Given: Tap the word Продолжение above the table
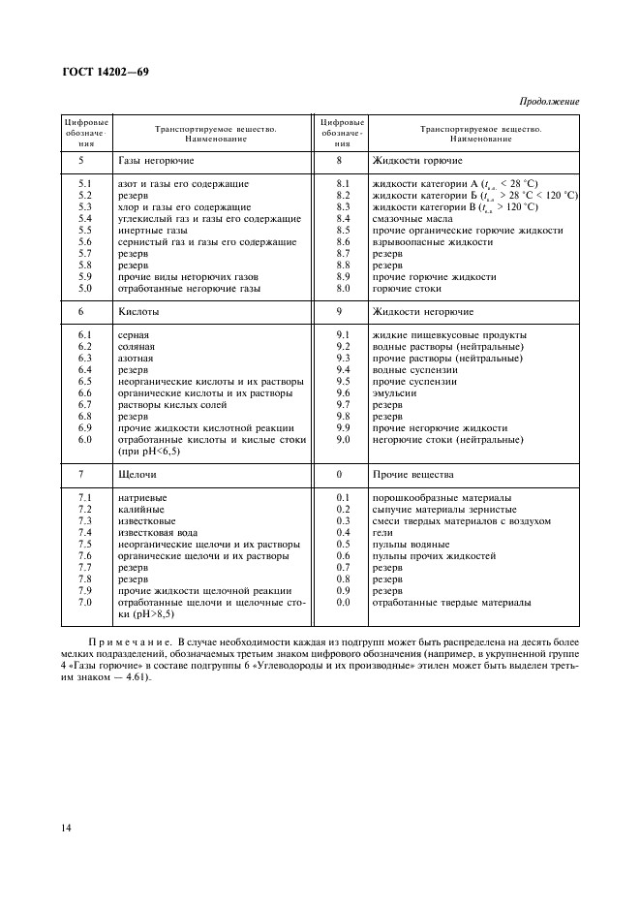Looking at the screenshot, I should [549, 101].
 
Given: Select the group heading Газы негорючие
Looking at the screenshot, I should [156, 160].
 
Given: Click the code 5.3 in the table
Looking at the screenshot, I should [84, 206].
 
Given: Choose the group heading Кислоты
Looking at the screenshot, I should [138, 312].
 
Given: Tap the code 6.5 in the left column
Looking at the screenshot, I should [84, 382].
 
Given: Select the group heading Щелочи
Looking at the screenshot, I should [137, 475].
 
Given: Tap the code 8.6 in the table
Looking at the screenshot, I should [342, 241].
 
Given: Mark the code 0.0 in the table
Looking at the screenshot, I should [342, 603].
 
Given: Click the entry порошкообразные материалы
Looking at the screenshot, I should [433, 498].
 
